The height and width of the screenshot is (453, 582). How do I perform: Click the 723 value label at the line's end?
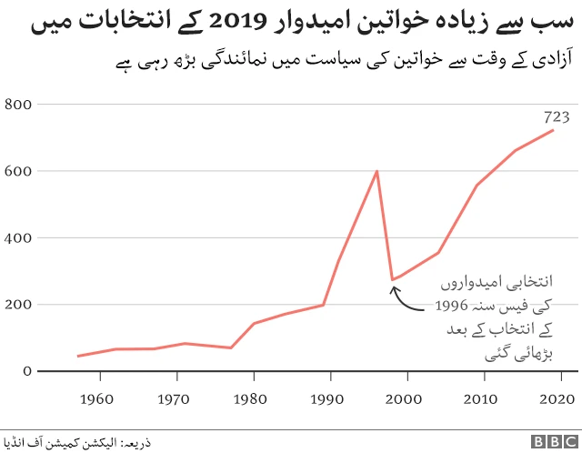point(557,116)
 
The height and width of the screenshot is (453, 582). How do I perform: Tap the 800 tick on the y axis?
point(20,105)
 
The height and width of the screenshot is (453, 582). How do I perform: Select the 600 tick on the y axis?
point(20,171)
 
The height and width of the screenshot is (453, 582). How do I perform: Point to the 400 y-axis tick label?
point(20,237)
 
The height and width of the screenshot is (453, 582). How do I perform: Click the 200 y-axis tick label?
point(20,305)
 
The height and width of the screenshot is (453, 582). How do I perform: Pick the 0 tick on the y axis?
point(28,371)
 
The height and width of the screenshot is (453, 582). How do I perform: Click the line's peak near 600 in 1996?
point(376,171)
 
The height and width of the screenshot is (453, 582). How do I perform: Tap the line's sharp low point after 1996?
point(392,280)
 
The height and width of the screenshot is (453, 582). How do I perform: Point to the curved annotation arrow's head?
point(394,290)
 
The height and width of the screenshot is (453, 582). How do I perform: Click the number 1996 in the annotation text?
point(453,306)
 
